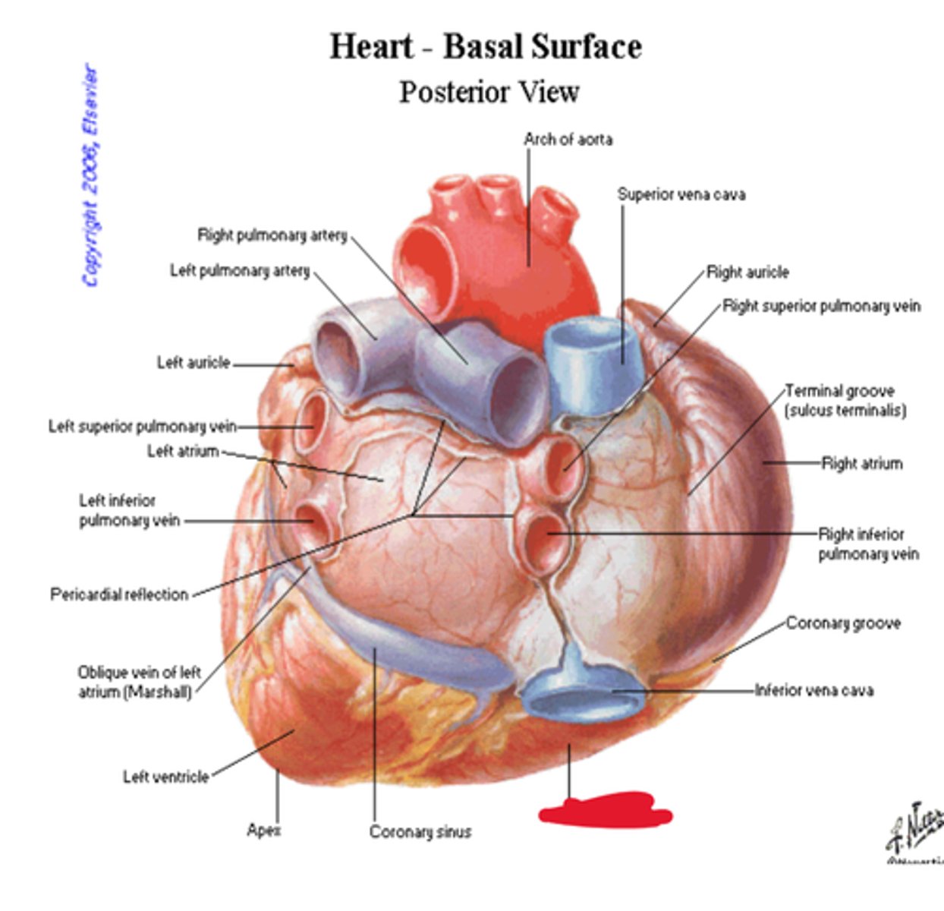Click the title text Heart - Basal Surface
click(x=486, y=47)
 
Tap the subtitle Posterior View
click(x=489, y=93)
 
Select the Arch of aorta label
click(x=568, y=140)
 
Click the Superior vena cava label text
click(x=681, y=194)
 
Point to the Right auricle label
click(x=747, y=273)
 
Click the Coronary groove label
click(x=843, y=623)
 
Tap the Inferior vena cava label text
click(x=813, y=690)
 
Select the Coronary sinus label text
click(x=420, y=832)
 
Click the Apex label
click(x=263, y=831)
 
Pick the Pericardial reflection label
click(x=119, y=594)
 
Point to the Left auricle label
click(x=193, y=363)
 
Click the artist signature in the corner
click(x=916, y=831)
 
